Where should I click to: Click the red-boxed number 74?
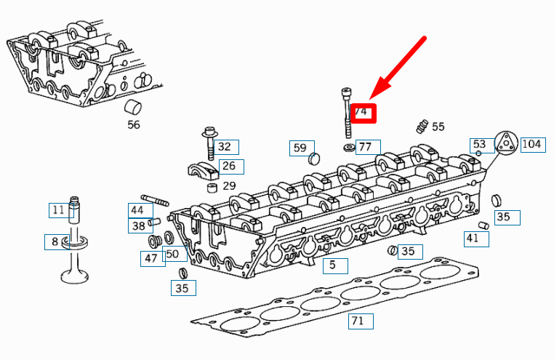(361, 113)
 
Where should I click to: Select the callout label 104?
(531, 144)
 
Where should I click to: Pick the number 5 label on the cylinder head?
(332, 265)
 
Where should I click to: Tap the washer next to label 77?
(349, 148)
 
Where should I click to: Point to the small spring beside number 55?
(421, 127)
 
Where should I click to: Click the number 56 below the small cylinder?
(133, 124)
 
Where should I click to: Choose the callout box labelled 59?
(300, 148)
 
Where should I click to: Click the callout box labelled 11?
(58, 211)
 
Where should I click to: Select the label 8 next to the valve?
(54, 241)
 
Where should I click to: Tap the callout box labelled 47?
(151, 258)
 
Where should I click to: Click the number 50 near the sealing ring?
(172, 254)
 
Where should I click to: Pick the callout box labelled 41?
(473, 238)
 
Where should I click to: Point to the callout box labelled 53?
(478, 144)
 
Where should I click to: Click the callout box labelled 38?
(137, 226)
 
